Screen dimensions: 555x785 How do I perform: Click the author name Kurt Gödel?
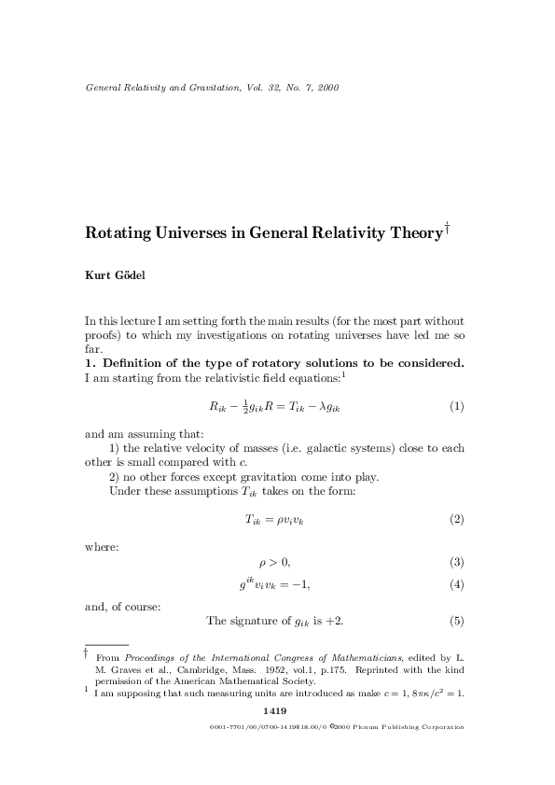pyautogui.click(x=115, y=277)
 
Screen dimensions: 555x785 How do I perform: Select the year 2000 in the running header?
pyautogui.click(x=326, y=89)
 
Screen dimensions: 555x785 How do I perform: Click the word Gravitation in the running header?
pyautogui.click(x=201, y=89)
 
